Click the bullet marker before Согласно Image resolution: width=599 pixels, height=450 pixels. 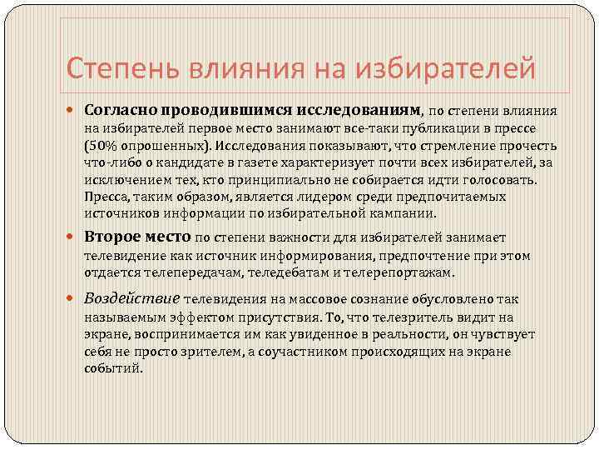click(x=74, y=109)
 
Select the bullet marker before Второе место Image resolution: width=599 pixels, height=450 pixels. click(x=74, y=238)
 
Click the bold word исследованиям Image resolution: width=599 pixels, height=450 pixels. click(x=365, y=109)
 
